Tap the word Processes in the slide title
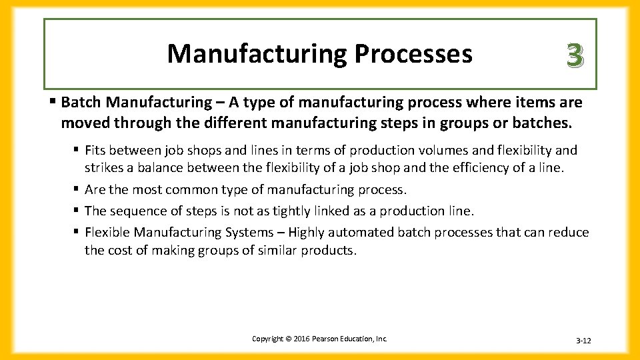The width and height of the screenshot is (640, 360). click(413, 54)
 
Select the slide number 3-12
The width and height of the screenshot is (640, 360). click(583, 341)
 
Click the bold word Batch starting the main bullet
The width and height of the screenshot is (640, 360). click(81, 103)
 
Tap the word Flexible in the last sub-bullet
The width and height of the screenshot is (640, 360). click(107, 232)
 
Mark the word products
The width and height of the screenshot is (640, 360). click(331, 251)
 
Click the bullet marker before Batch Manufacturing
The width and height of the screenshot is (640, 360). click(53, 103)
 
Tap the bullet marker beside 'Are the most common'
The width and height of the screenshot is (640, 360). click(77, 190)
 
